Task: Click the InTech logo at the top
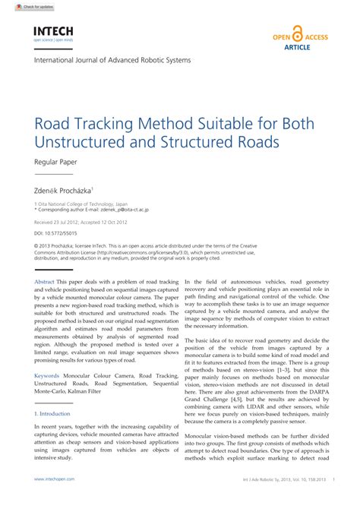coord(52,31)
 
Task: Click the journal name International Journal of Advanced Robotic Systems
coord(112,60)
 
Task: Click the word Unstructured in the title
coord(78,141)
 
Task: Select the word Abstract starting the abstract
coord(45,282)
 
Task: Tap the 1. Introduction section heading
coord(52,414)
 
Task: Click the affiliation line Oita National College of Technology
coord(72,203)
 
